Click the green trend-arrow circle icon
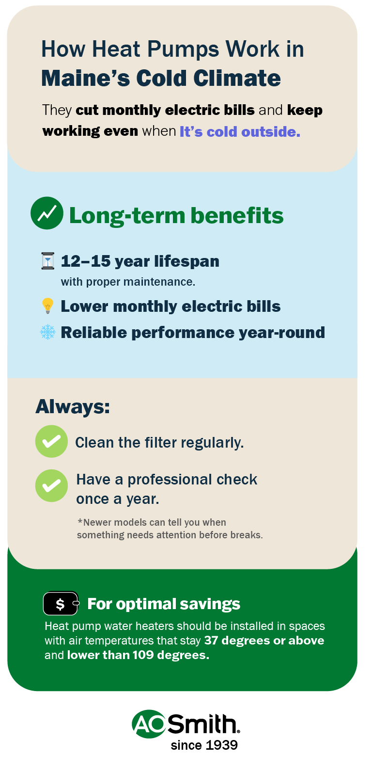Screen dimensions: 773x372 (x=47, y=213)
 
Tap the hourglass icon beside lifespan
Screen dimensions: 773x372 (x=47, y=261)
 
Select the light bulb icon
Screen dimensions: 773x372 (x=47, y=306)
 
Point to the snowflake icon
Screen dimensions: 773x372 (x=47, y=332)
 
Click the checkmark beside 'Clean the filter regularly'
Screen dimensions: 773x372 (x=51, y=441)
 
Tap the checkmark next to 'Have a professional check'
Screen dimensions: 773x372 (x=51, y=485)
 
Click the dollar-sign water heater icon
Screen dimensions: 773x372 (x=61, y=604)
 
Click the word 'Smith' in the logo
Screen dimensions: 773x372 (x=203, y=724)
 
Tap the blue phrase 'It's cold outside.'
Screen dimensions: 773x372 (x=240, y=131)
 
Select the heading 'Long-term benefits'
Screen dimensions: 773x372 (x=176, y=216)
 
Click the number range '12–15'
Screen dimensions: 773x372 (x=86, y=261)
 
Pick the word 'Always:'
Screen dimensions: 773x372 (x=73, y=406)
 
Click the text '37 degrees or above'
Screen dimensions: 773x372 (x=264, y=641)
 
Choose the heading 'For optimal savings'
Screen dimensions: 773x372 (x=164, y=604)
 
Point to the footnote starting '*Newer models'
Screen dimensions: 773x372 (x=170, y=529)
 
